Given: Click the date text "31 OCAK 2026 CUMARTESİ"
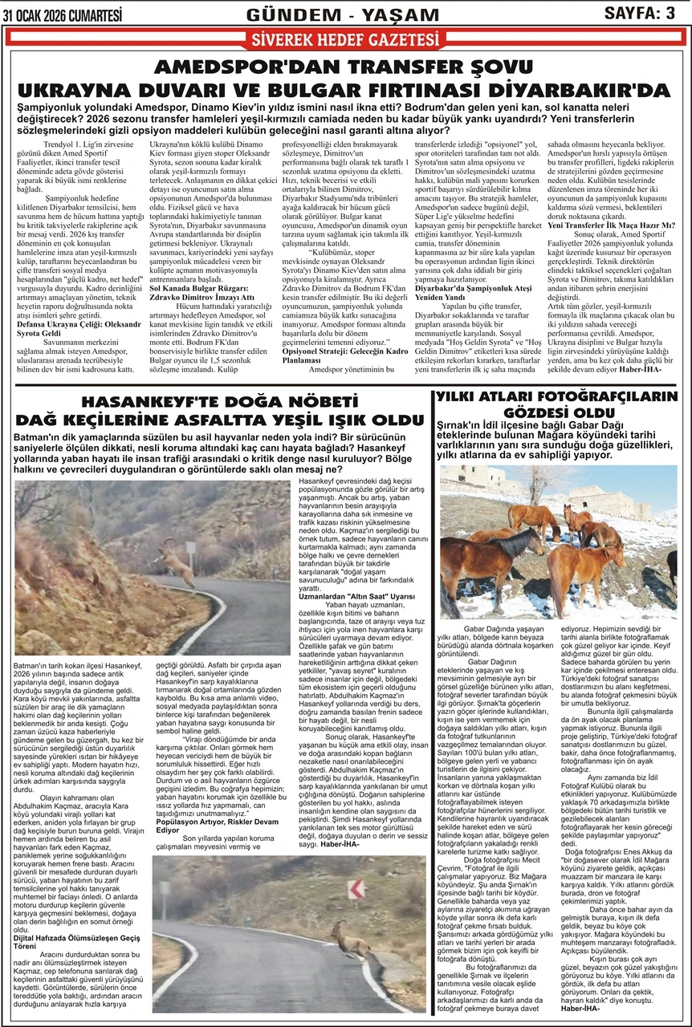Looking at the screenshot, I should pos(63,14).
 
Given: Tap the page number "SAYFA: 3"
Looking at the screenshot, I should pos(639,13).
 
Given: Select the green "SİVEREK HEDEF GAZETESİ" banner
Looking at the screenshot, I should pos(345,39).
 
